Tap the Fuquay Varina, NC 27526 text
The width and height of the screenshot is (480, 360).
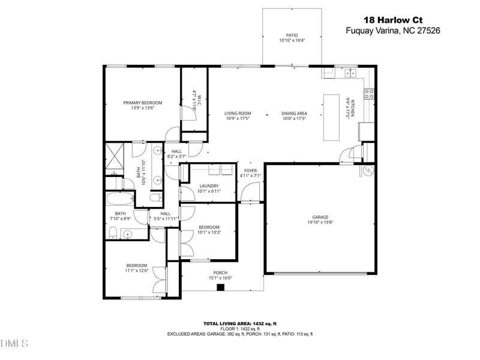pos(393,31)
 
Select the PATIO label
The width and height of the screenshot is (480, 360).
pos(292,35)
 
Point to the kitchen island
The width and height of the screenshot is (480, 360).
pos(331,117)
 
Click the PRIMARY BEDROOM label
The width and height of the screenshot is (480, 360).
pos(143,103)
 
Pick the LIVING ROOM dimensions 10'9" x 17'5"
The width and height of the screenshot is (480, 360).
pos(238,119)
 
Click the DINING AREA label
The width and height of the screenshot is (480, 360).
pos(294,113)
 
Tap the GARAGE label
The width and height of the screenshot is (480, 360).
pos(320,217)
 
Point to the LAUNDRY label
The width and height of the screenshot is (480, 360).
pos(209,186)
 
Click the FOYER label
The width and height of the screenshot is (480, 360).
pos(250,170)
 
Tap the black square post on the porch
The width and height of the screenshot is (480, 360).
pos(220,287)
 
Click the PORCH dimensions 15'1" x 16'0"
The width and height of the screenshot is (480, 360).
pos(220,277)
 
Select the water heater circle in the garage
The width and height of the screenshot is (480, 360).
pos(366,172)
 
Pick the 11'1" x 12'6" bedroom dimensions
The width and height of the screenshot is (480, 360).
pos(136,271)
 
